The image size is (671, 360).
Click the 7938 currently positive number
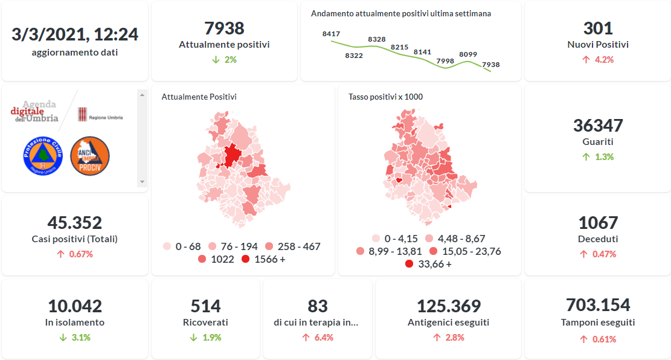click(224, 28)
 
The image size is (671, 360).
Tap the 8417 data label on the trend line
click(331, 34)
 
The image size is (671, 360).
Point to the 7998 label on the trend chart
click(445, 61)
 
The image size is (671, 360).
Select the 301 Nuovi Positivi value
click(598, 28)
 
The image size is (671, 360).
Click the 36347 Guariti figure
click(598, 126)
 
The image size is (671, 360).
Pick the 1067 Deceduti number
click(598, 223)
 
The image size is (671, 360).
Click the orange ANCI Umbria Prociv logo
click(90, 156)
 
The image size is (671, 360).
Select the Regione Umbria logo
click(100, 114)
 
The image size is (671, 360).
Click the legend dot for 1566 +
click(245, 259)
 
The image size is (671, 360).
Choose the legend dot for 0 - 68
click(167, 246)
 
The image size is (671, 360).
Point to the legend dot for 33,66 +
click(409, 264)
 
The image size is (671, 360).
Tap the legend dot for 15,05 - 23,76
click(433, 251)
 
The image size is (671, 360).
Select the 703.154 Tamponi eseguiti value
click(598, 305)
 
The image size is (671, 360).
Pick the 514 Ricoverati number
click(205, 306)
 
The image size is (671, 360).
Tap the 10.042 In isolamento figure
click(75, 306)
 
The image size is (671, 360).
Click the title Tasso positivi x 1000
click(385, 97)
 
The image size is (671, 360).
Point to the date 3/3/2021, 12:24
click(75, 34)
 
